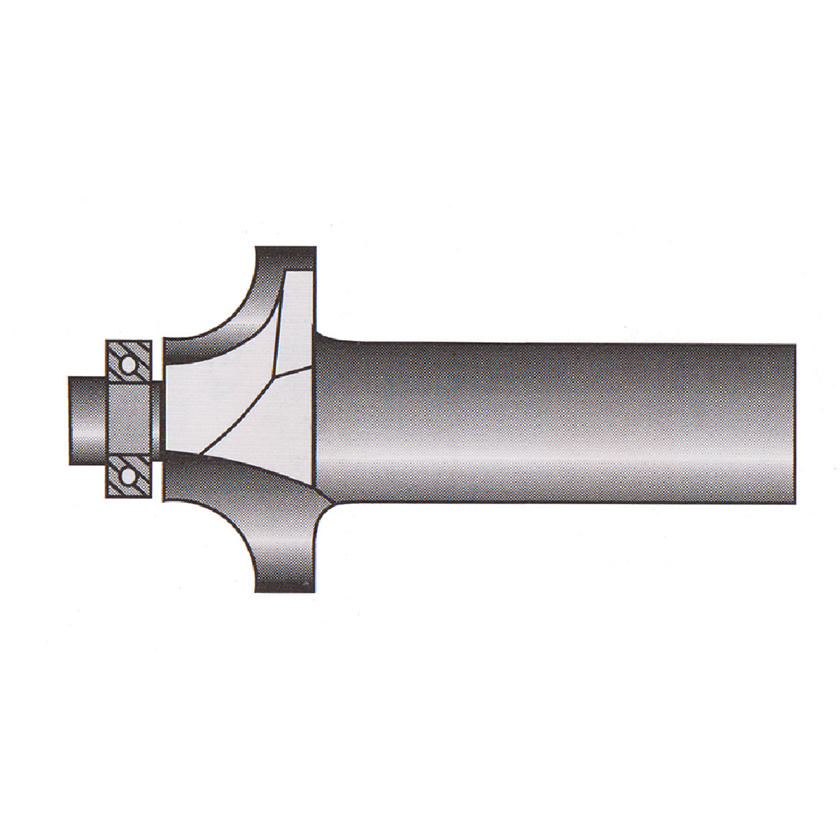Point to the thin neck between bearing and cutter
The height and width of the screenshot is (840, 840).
158,420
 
